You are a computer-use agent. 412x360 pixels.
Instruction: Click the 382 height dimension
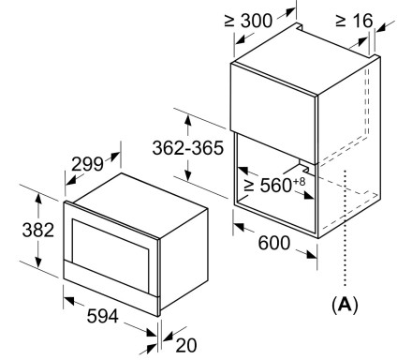click(38, 230)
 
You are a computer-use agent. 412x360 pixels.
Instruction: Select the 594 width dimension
click(103, 316)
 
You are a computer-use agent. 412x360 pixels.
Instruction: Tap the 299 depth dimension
click(87, 164)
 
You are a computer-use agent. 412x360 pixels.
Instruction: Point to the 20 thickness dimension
click(186, 345)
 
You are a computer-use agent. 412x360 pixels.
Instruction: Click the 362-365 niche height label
click(188, 148)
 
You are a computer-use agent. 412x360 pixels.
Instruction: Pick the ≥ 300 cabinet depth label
click(248, 21)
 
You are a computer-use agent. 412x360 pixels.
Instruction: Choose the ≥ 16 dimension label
click(354, 21)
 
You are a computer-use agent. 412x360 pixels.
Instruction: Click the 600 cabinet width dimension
click(274, 243)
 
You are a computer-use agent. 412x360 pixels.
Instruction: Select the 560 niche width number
click(276, 186)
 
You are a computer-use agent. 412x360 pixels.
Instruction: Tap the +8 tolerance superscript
click(299, 181)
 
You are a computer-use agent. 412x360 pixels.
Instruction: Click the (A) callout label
click(345, 305)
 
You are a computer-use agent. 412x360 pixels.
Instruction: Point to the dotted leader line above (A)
click(345, 228)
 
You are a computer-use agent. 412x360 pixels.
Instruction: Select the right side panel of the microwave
click(184, 258)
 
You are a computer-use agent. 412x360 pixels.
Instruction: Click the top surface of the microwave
click(137, 205)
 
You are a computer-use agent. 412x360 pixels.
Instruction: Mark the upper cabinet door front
click(273, 113)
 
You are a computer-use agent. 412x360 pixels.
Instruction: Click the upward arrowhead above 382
click(38, 199)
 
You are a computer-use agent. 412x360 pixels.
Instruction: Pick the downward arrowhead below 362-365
click(187, 175)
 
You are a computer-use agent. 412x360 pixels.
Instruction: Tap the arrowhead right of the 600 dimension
click(312, 255)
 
